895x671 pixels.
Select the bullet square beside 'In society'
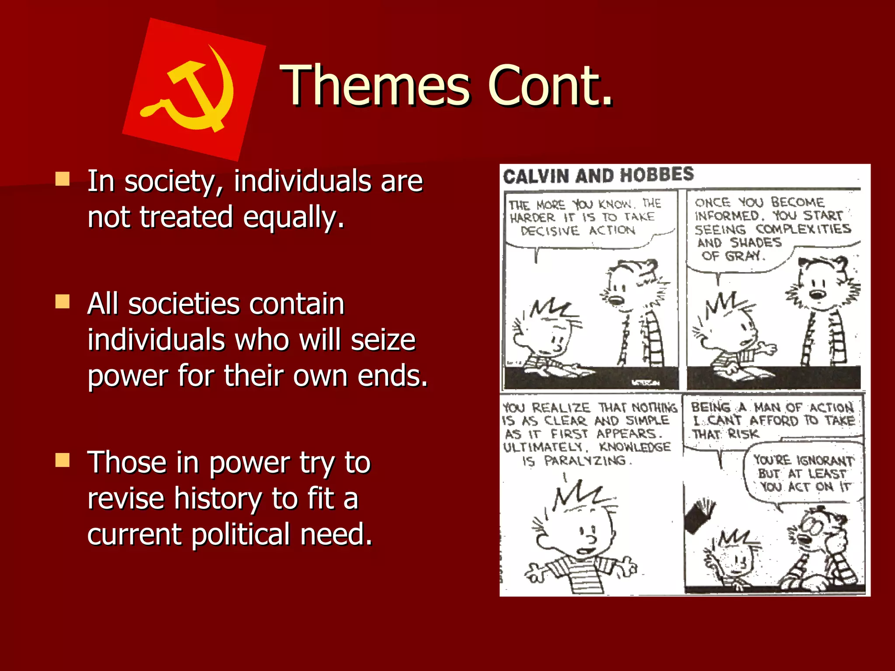pyautogui.click(x=62, y=179)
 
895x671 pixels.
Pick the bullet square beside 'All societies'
pyautogui.click(x=62, y=301)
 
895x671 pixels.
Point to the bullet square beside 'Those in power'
pyautogui.click(x=62, y=460)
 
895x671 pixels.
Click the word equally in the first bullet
pyautogui.click(x=294, y=217)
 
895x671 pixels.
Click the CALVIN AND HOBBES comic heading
pyautogui.click(x=598, y=175)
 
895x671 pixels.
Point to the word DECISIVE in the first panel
pyautogui.click(x=550, y=231)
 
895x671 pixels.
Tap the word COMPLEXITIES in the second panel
pyautogui.click(x=803, y=229)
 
